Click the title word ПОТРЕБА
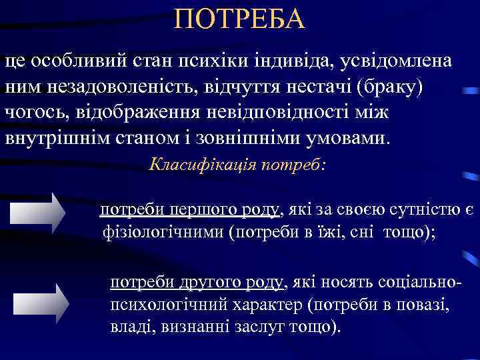[239, 19]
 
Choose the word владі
[129, 327]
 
